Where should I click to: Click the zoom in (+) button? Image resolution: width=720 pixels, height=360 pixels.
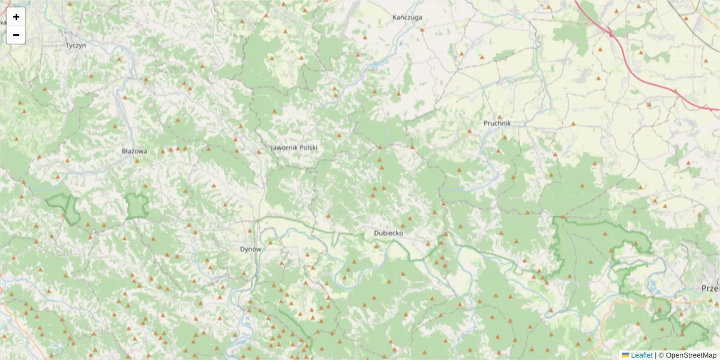[16, 17]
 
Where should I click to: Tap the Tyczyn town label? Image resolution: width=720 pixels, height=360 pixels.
[76, 45]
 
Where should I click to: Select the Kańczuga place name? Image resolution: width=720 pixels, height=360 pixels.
[407, 17]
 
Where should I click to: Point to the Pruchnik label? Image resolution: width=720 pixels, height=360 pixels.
[497, 123]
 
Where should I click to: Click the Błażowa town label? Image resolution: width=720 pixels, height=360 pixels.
[134, 151]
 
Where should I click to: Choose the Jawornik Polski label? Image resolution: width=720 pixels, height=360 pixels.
[294, 148]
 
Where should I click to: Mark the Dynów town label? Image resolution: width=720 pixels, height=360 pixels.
[251, 248]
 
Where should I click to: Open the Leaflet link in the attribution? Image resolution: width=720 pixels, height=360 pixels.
[641, 355]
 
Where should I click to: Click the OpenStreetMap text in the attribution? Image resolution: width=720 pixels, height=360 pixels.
[691, 355]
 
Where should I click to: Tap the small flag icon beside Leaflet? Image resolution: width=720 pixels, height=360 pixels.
[626, 355]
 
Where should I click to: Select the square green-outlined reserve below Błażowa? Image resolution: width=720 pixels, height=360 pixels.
[137, 206]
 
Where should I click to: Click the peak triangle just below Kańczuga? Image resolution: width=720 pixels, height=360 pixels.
[422, 29]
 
